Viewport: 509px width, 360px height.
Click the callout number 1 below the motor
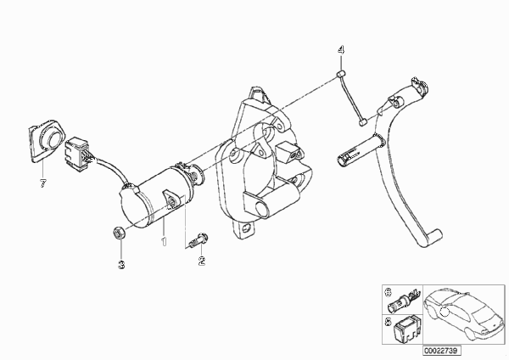coord(164,241)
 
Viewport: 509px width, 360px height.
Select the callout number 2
coord(202,261)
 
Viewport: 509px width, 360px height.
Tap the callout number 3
coord(121,265)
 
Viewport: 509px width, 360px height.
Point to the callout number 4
coord(340,50)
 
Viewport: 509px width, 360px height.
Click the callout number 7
coord(42,183)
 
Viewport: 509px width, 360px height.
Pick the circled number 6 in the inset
coord(388,292)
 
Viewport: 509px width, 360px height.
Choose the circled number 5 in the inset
coord(388,322)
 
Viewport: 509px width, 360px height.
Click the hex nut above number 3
coord(118,233)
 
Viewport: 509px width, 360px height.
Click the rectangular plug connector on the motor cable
coord(77,153)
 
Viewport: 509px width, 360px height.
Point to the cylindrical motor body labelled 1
coord(156,198)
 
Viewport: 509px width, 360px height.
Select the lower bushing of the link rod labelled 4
coord(362,121)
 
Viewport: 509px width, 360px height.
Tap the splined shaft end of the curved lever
coord(348,157)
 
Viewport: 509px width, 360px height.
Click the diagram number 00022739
coord(442,351)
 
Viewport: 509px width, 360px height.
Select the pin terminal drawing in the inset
coord(405,301)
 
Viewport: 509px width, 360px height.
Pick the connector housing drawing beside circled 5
coord(407,329)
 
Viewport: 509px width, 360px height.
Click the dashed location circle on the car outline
coord(444,311)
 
